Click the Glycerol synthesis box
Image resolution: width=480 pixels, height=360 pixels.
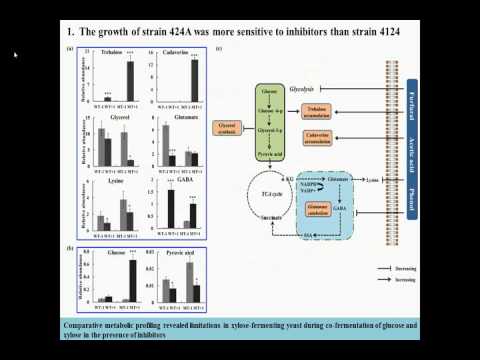(x=229, y=127)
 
